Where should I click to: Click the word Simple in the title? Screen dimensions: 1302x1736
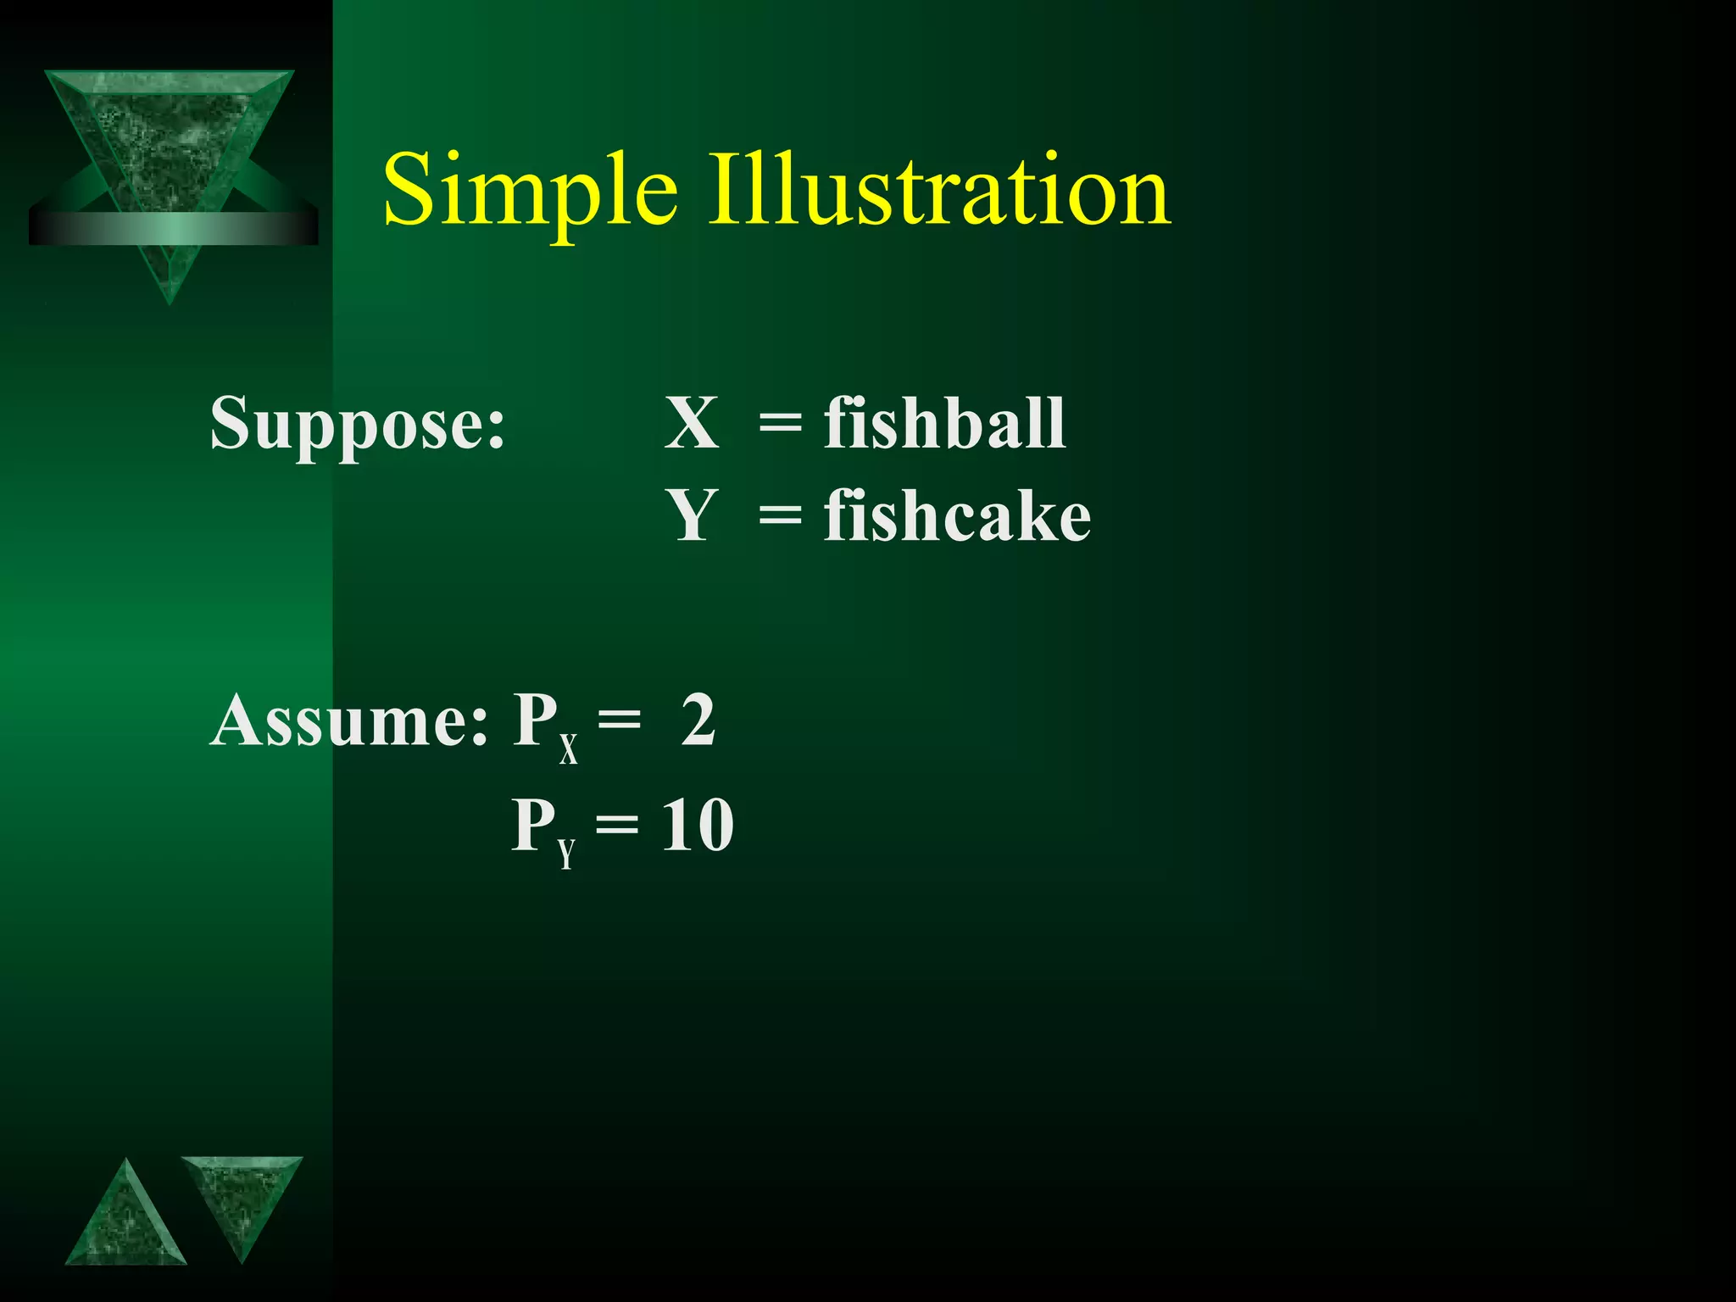(530, 191)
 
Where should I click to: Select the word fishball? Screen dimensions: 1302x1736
(944, 423)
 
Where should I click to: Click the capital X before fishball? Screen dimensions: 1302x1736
(692, 423)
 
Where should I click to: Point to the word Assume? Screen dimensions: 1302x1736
(349, 721)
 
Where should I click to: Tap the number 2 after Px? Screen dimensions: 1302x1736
(698, 721)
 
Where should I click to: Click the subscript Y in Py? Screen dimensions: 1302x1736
(566, 854)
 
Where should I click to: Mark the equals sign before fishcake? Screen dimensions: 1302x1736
(780, 517)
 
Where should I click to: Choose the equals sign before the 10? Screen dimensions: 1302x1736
(617, 827)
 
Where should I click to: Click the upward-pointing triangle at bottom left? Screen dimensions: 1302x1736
(125, 1221)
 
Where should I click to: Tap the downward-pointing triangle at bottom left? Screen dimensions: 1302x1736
(242, 1199)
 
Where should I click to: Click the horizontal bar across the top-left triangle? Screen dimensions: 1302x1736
(173, 227)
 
